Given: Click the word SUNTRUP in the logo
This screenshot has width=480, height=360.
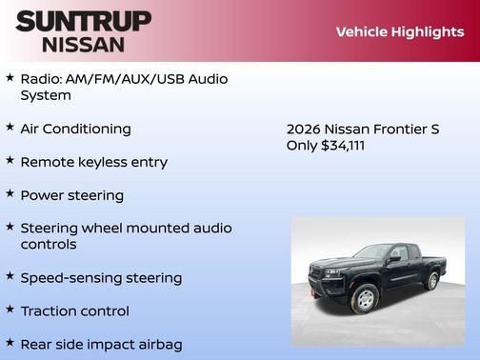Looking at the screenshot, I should pyautogui.click(x=83, y=21).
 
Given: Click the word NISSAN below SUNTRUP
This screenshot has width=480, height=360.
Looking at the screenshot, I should pyautogui.click(x=83, y=44).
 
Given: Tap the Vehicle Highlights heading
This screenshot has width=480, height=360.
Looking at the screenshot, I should pyautogui.click(x=399, y=31).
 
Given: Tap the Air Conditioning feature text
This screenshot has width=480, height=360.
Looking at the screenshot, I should pyautogui.click(x=75, y=129).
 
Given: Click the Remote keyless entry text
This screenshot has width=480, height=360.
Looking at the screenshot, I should pyautogui.click(x=93, y=162).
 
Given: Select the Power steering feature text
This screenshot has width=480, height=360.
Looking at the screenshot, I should pyautogui.click(x=71, y=195).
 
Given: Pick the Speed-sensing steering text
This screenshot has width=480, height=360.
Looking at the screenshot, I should pyautogui.click(x=100, y=278).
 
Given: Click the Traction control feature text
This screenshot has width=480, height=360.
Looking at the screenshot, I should pyautogui.click(x=74, y=311).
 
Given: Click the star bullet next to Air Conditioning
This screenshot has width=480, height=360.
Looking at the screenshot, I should pyautogui.click(x=10, y=127).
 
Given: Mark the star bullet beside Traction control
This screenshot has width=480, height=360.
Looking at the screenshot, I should pyautogui.click(x=10, y=310).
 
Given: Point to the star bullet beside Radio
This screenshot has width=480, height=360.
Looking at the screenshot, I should pyautogui.click(x=10, y=77).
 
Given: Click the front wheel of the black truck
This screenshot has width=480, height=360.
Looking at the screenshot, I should pyautogui.click(x=363, y=299).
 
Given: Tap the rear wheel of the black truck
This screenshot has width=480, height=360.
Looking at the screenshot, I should pyautogui.click(x=432, y=281).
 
